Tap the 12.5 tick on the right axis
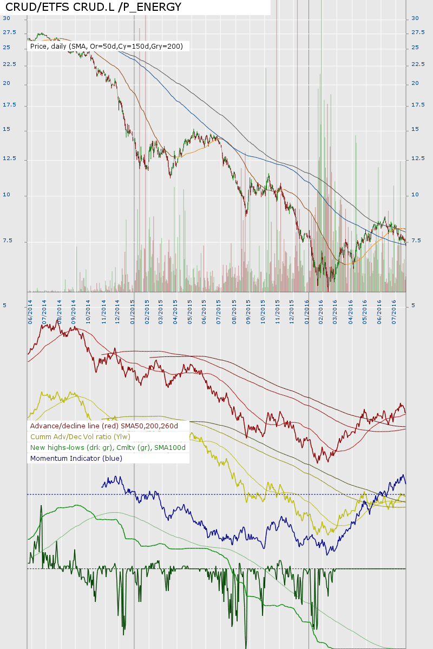click(417, 158)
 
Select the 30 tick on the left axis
click(6, 18)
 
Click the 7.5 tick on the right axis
click(415, 241)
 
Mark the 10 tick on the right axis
click(415, 195)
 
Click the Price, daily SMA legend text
click(107, 47)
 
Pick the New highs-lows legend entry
click(108, 448)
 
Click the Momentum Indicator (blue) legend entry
click(76, 458)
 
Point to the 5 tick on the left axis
click(5, 306)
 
